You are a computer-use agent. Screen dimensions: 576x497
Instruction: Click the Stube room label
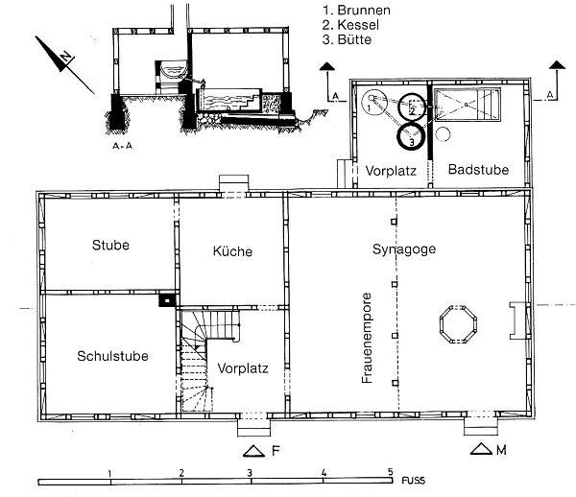point(110,246)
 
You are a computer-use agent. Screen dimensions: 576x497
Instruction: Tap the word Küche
point(232,251)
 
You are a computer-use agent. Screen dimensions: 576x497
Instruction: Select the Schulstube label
point(112,356)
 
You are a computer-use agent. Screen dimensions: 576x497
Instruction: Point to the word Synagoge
point(404,249)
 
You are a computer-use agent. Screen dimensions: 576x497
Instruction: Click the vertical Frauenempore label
point(367,338)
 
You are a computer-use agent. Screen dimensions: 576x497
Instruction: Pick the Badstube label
point(479,170)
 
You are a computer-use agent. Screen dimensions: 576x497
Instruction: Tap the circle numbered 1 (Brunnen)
point(372,104)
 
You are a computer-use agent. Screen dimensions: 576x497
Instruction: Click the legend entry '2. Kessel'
point(350,25)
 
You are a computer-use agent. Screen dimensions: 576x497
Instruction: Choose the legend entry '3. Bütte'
point(348,39)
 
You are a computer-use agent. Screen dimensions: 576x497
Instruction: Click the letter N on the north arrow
point(65,57)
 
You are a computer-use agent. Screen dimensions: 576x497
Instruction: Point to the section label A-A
point(122,146)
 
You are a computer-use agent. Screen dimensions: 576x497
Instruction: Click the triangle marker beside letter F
point(253,452)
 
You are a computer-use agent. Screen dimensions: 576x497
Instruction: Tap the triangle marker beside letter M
point(481,449)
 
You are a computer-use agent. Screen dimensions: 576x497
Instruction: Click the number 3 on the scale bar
point(250,473)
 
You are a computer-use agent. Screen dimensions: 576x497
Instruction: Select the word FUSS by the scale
point(413,481)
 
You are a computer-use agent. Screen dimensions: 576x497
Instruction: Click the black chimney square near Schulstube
point(167,300)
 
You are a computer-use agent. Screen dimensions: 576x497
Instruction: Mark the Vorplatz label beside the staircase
point(243,368)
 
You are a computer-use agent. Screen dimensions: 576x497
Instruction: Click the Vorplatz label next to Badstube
point(391,171)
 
